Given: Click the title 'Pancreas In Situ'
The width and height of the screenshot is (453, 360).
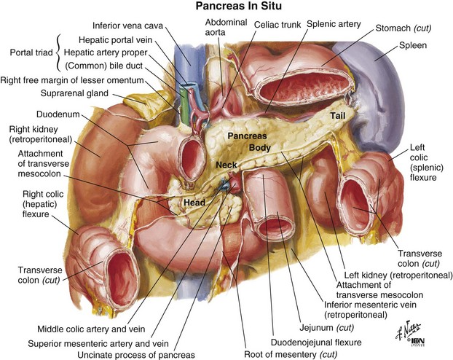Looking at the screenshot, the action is pos(238,6).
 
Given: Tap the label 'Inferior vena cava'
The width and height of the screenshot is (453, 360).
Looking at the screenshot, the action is pos(128,26).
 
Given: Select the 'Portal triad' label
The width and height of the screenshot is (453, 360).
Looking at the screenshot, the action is pos(31,52).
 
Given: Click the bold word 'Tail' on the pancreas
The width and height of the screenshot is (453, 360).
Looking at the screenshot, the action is pos(338,116).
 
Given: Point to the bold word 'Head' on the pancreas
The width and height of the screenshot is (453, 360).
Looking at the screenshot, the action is pos(194,203).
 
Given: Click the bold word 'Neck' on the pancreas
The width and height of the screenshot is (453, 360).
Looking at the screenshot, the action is pos(227,165).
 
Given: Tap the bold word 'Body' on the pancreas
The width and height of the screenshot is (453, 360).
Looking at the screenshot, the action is pos(260,148).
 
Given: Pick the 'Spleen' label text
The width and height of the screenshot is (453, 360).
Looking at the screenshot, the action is pos(413,45).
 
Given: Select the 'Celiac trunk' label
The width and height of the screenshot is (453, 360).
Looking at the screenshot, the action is pos(277,25).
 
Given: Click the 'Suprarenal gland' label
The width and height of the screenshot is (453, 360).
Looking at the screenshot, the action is pos(74,93).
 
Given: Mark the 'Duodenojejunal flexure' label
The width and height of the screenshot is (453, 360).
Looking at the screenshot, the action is pos(316,343).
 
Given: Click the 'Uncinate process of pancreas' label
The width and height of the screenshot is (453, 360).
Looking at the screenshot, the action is pos(136,355).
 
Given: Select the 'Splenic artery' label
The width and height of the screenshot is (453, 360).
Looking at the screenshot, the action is pos(334,24).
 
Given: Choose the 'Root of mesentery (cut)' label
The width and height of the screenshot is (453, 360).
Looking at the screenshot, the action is pos(291,354).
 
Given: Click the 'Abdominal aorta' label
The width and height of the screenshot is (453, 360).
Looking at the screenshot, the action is pos(226,27).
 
